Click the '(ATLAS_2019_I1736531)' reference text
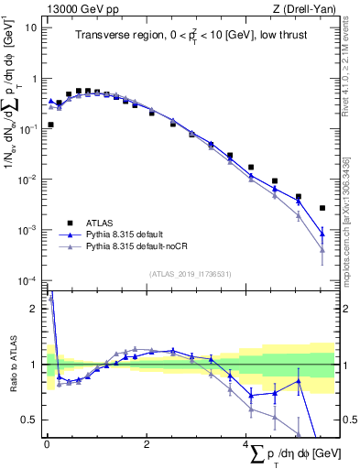(x=190, y=274)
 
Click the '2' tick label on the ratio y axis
(x=35, y=309)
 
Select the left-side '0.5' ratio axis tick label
(x=30, y=420)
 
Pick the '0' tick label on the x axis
(x=47, y=443)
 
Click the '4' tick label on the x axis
(x=246, y=443)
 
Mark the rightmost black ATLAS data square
(x=322, y=208)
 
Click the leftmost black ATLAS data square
(x=50, y=125)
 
